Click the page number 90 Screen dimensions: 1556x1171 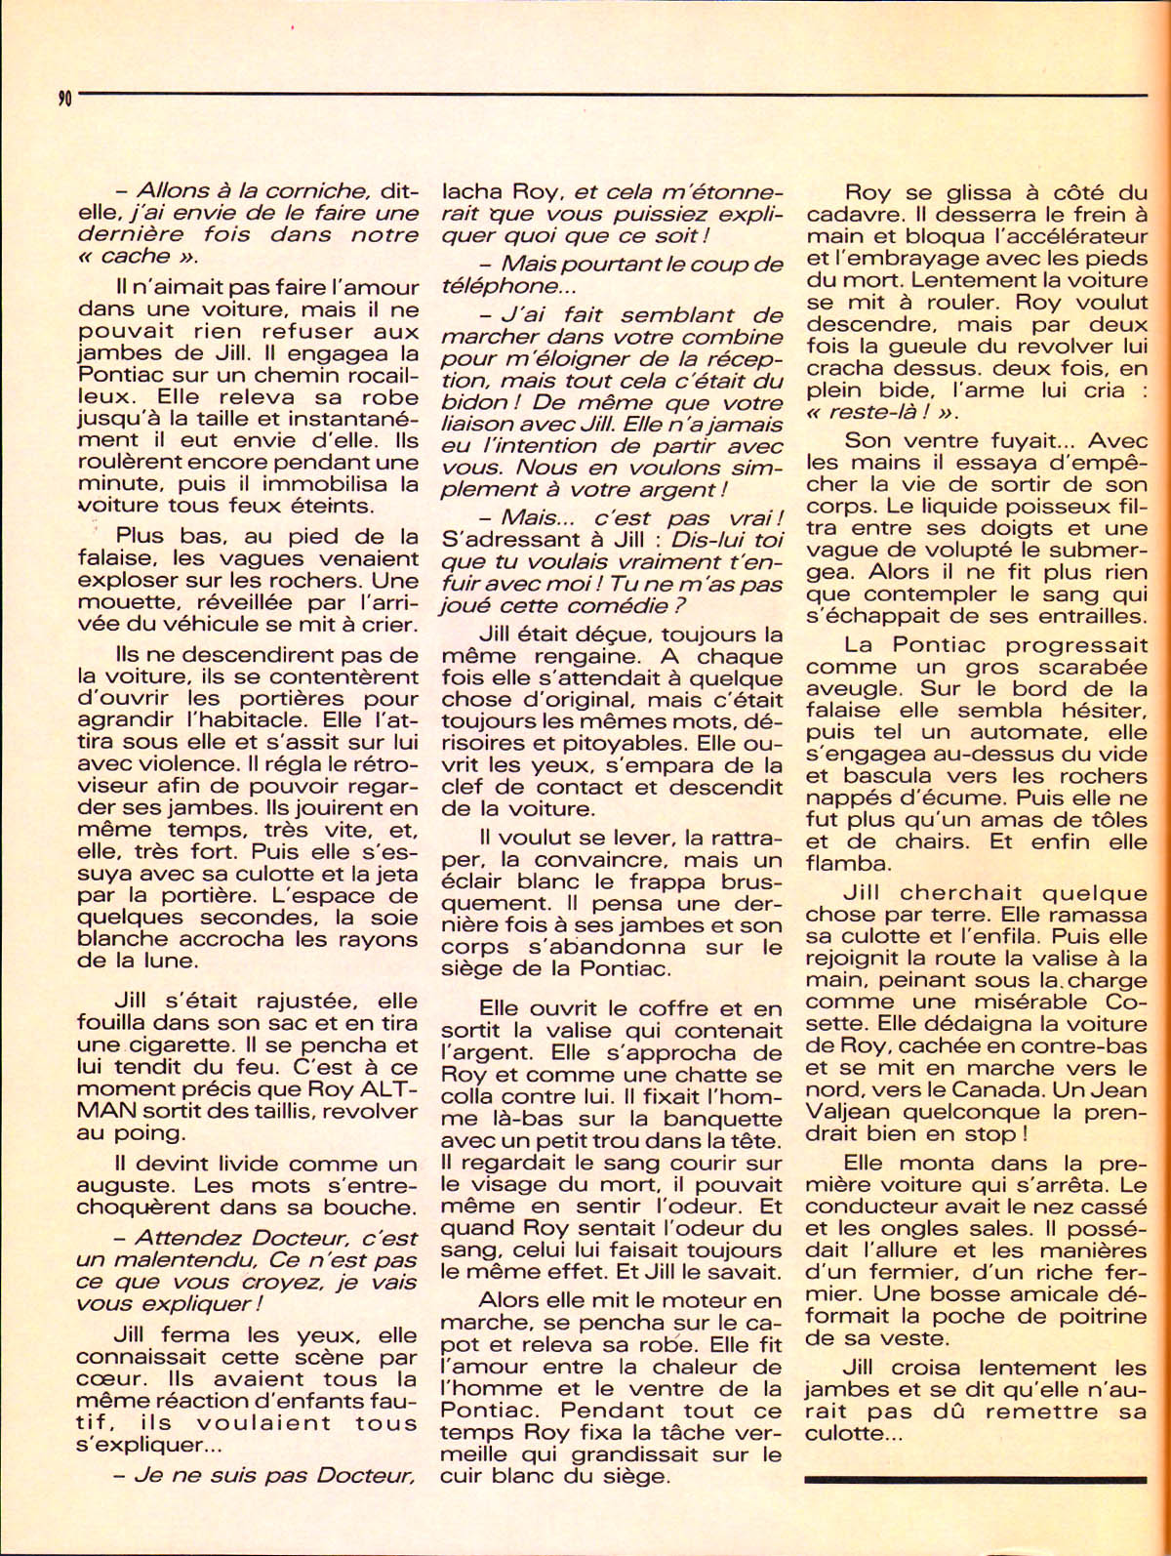tap(64, 97)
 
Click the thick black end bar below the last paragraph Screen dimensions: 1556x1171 tap(976, 1479)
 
